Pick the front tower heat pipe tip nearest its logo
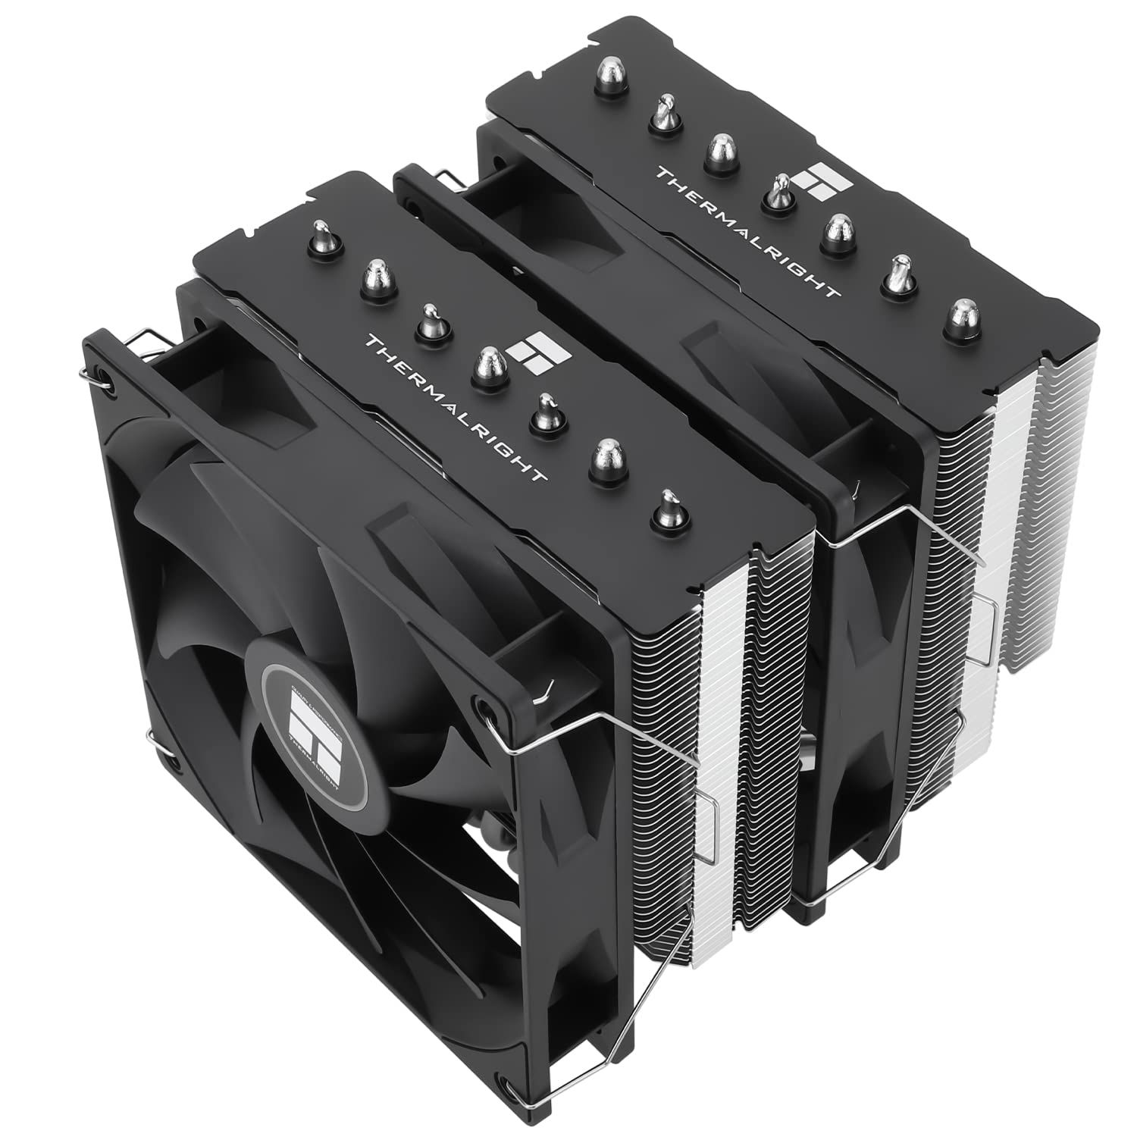(491, 362)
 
